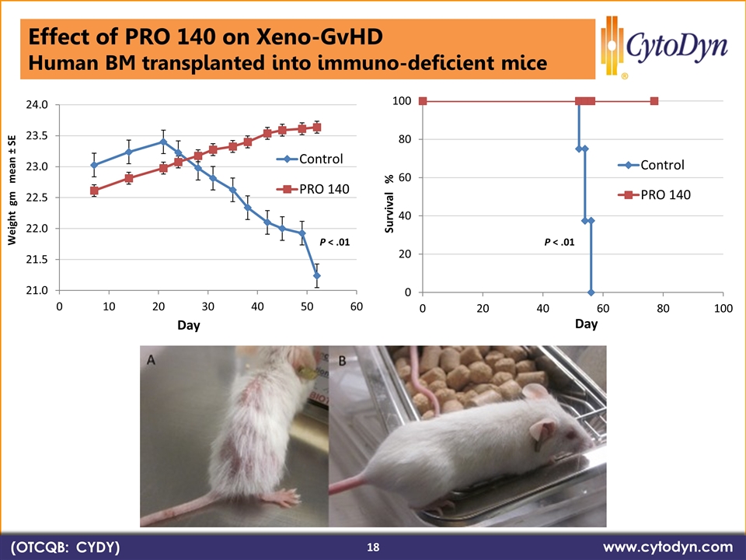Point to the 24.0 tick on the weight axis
coord(38,104)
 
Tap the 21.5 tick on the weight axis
coord(38,260)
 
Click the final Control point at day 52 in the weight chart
coord(317,275)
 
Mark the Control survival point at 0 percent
coord(591,292)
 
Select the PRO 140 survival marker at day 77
coord(654,101)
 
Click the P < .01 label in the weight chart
coord(335,243)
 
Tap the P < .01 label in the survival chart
coord(559,243)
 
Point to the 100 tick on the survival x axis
coord(723,308)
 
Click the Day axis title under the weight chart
coord(187,326)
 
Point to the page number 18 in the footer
coord(373,548)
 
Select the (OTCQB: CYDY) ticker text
coord(65,548)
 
